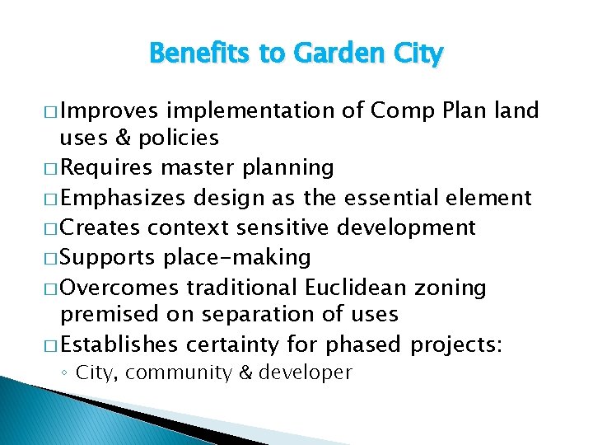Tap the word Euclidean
[355, 288]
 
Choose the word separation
[250, 314]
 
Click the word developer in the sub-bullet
[305, 372]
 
